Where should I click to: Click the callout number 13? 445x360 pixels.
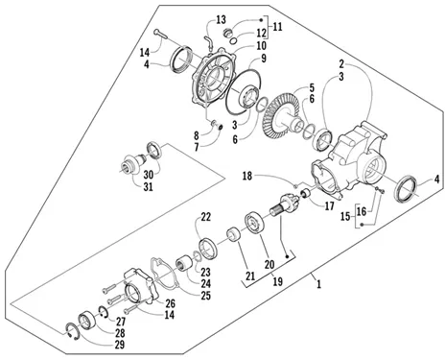coord(221,19)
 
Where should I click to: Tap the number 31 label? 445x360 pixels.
coord(148,186)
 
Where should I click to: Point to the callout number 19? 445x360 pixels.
coord(278,281)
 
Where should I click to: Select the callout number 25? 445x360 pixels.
coord(206,296)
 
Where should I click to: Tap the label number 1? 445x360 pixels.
coord(318,284)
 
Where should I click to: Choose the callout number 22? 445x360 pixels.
coord(206,217)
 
